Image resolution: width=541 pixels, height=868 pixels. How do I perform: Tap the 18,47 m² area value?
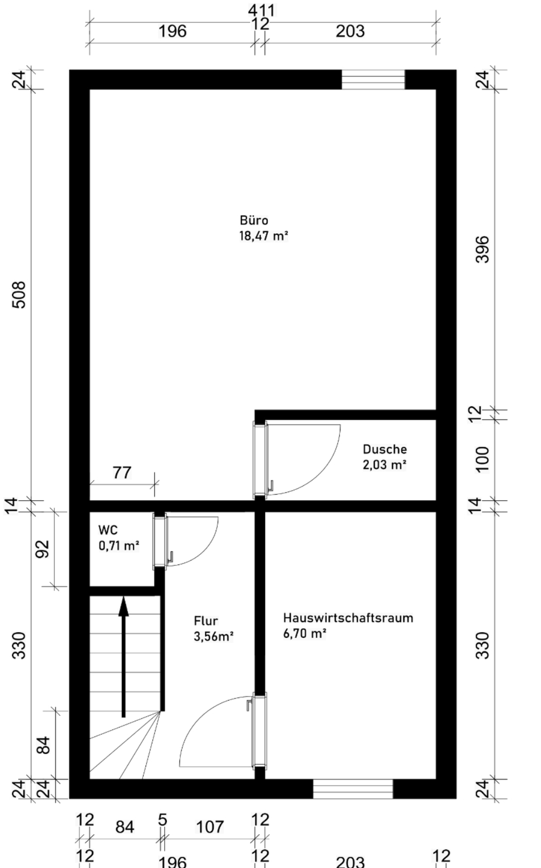[x=264, y=236]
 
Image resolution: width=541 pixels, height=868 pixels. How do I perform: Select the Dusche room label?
[x=385, y=449]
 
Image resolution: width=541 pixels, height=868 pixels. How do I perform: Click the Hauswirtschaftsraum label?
[x=348, y=618]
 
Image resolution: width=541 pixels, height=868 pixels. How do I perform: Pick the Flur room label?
[x=206, y=621]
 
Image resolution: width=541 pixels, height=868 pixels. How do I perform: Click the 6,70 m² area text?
[x=305, y=634]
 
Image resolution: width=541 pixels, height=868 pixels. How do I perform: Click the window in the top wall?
[x=373, y=80]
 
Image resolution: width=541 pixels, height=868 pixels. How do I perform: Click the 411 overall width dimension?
[x=262, y=10]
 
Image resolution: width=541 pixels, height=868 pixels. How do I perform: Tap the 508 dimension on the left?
[x=19, y=295]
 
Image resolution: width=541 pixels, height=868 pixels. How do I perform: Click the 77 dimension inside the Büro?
[x=122, y=473]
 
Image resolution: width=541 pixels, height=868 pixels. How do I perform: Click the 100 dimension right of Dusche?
[x=483, y=460]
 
